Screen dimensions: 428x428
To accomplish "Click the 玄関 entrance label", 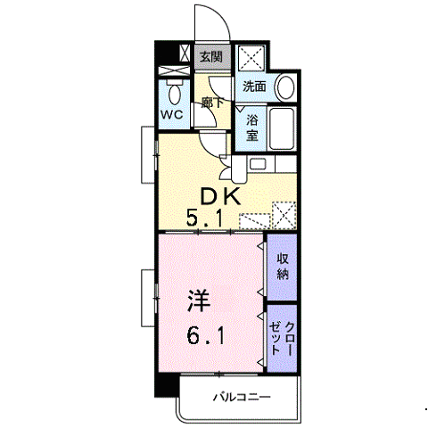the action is (x=211, y=56).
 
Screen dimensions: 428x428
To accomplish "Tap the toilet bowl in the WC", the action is (x=175, y=93).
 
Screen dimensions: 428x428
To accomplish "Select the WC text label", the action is (x=172, y=114).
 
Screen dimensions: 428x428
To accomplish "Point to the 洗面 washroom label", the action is (x=254, y=86).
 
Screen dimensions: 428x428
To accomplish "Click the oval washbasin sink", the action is (x=286, y=87).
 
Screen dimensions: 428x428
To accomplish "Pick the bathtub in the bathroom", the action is (x=281, y=128).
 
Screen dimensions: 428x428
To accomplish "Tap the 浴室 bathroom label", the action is (x=252, y=128).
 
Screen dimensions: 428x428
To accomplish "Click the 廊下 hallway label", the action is (x=212, y=103).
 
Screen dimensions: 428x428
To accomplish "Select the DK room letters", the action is (x=220, y=197).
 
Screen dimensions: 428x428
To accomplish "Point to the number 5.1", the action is (x=204, y=218).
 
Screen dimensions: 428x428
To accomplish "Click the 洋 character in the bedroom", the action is (x=199, y=300).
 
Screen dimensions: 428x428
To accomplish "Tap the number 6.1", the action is (x=205, y=335).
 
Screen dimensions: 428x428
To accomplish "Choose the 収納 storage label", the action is (x=283, y=267).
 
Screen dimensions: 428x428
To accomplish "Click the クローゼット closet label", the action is (x=282, y=338).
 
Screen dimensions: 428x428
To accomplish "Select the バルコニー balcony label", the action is (x=242, y=397).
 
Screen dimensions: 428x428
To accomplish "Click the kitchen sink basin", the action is (x=258, y=164).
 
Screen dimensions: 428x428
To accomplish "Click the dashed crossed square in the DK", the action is (x=284, y=215).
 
